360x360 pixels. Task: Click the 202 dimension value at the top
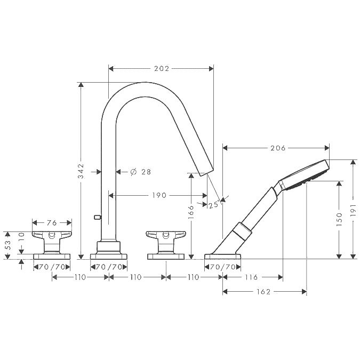162,69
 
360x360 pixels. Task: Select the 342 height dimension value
81,171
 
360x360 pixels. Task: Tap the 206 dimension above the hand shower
278,148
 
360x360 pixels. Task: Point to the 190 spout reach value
159,195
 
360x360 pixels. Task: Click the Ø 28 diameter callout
140,172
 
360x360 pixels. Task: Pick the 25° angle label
214,204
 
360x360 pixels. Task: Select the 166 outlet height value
191,212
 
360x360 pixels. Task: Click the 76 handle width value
52,223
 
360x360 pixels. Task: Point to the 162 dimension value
263,292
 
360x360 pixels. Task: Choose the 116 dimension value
251,277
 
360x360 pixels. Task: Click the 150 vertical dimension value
339,220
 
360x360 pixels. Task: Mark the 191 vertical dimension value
353,210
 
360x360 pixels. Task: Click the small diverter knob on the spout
98,217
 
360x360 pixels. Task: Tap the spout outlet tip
207,172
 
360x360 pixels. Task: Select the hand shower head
305,175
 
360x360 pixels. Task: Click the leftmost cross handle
52,242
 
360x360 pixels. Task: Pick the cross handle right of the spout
166,242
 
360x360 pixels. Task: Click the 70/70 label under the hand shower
223,267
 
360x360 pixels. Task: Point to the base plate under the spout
109,257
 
